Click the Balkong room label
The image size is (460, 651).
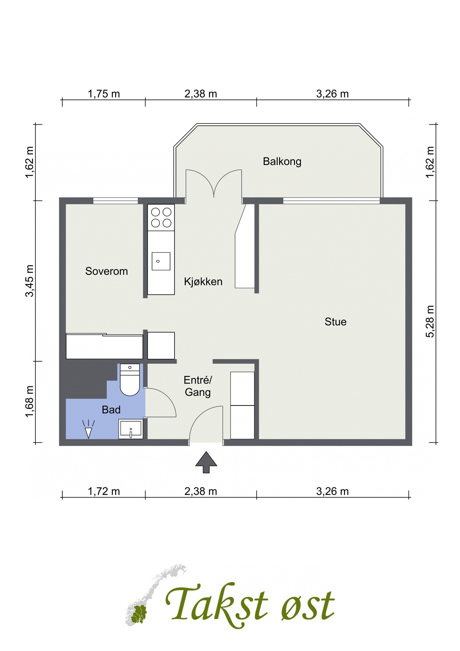coord(282,161)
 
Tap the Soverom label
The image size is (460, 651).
coord(106,271)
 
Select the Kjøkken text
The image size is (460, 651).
coord(203,281)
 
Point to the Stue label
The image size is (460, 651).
coord(335,321)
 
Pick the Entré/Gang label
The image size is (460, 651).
coord(198,386)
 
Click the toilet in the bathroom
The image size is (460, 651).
coord(130,379)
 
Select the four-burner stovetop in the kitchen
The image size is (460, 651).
coord(161,217)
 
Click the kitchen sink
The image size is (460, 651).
coord(161,261)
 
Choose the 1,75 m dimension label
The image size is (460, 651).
coord(103,94)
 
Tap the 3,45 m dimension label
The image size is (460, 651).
coord(30,280)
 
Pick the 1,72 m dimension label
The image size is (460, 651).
coord(103,491)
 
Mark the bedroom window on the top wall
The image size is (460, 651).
coord(116,201)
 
